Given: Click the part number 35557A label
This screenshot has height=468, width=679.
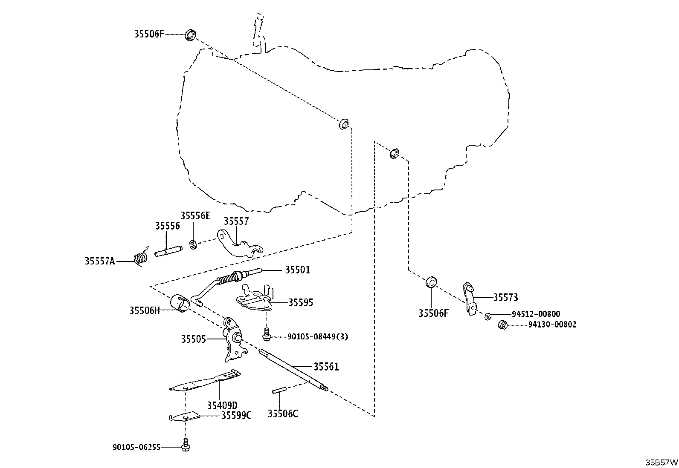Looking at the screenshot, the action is click(100, 261).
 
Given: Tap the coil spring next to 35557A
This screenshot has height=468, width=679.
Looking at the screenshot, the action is click(141, 257).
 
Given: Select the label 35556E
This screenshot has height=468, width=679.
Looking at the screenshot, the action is click(195, 216).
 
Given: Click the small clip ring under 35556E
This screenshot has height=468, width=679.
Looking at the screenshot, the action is click(193, 244).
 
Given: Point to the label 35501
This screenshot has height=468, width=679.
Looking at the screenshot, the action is click(298, 270).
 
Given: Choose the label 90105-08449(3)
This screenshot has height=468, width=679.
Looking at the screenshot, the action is click(318, 336).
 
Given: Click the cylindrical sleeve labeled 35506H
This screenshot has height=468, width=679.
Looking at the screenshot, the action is click(180, 302).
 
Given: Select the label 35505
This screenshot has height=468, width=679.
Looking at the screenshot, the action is click(193, 339).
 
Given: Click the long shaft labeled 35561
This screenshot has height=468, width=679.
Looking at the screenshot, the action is click(293, 370).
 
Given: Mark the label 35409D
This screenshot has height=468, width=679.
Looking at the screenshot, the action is click(222, 405).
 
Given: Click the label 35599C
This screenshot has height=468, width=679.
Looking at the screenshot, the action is click(236, 416).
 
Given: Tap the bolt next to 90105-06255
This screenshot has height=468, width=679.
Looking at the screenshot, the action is click(186, 445).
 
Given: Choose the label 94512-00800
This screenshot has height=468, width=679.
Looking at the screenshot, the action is click(536, 314).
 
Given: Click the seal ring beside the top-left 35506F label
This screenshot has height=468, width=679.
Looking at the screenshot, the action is click(190, 35).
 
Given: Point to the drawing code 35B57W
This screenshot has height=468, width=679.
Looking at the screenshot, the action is click(662, 462).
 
